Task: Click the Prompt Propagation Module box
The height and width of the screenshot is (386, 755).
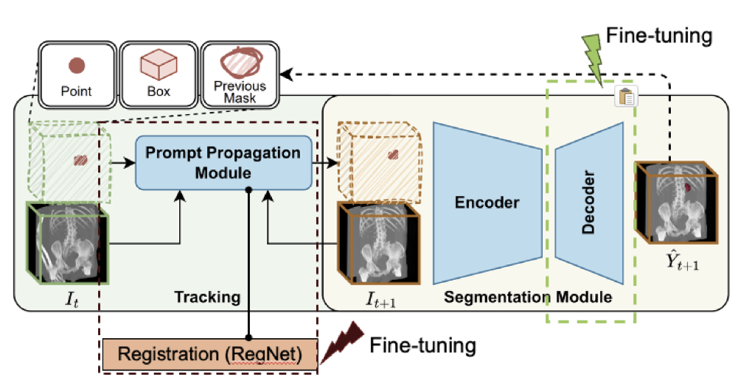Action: click(223, 163)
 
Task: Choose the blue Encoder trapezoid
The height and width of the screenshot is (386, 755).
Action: click(487, 203)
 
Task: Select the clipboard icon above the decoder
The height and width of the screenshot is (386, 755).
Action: click(625, 96)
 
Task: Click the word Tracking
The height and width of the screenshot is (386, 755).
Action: click(207, 298)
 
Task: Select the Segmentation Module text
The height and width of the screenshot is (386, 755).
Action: click(528, 298)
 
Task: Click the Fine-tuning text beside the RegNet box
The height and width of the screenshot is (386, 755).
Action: click(422, 344)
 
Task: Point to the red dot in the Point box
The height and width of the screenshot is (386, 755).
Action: click(76, 66)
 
